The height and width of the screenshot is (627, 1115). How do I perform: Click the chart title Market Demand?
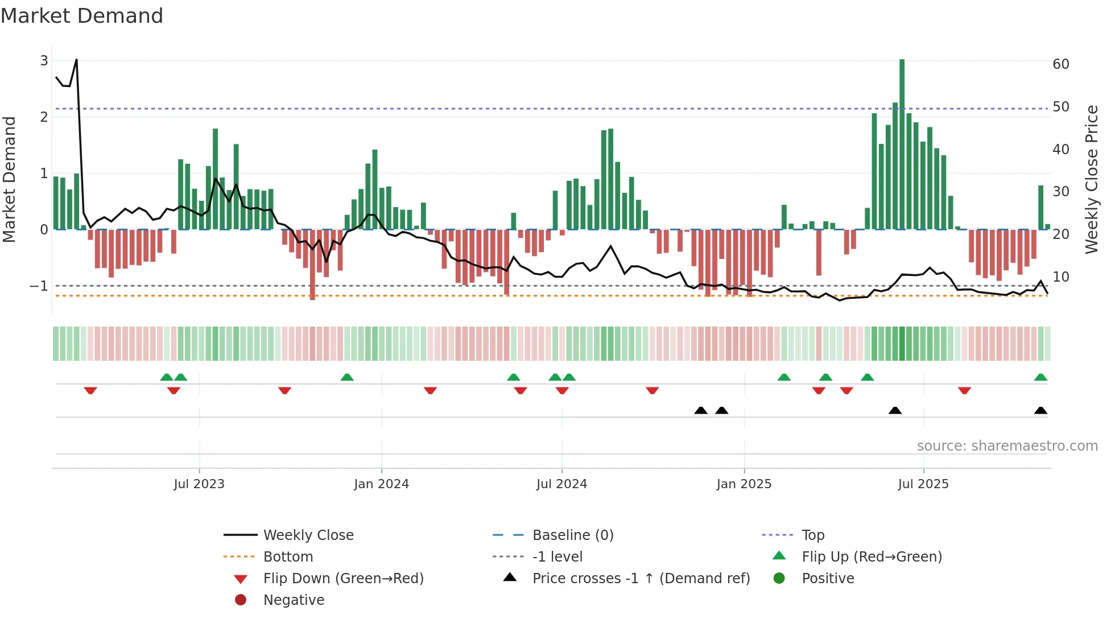82,16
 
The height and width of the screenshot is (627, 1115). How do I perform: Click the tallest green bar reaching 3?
902,142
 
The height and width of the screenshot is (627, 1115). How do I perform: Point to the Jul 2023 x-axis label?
199,484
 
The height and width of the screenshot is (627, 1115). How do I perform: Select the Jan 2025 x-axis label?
744,484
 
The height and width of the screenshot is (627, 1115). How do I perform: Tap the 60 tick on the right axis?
1060,64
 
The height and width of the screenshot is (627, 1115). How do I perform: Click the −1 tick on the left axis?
39,286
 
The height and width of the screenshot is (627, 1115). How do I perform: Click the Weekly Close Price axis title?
1091,179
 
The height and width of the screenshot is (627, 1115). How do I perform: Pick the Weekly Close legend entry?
308,535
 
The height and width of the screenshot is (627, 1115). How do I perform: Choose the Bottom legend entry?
288,557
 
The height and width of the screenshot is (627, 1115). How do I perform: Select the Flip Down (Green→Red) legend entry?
343,579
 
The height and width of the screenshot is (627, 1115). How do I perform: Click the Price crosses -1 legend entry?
641,579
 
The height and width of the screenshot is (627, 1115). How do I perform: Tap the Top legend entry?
812,535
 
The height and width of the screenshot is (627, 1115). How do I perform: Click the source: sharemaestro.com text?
1007,446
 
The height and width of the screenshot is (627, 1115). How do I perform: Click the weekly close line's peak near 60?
76,60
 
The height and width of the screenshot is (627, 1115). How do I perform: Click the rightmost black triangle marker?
1040,411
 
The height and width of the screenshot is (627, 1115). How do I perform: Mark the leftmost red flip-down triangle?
90,391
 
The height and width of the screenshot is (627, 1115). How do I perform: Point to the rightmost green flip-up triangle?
1040,377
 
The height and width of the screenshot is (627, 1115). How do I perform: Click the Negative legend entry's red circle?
241,600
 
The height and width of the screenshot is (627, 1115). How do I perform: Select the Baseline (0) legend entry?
572,535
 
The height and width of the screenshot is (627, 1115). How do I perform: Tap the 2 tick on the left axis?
44,117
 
